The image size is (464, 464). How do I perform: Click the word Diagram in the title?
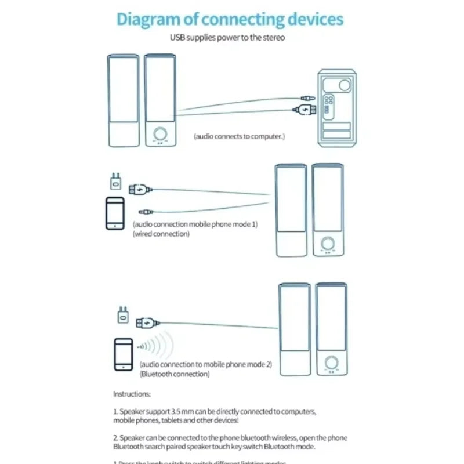(148, 19)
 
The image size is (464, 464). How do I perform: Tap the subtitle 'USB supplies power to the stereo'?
(227, 38)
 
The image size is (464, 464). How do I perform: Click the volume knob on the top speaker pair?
(159, 134)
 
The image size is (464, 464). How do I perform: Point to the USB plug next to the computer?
(306, 110)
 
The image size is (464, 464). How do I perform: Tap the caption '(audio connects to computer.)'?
(239, 136)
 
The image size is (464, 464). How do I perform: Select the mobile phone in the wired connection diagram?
(115, 213)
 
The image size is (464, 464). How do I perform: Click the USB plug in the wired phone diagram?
(139, 188)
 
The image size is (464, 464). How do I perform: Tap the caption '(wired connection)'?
(161, 234)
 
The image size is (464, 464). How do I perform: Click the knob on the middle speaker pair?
(328, 242)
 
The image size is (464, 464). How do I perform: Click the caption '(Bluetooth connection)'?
(174, 374)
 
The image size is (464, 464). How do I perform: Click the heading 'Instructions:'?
(132, 394)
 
